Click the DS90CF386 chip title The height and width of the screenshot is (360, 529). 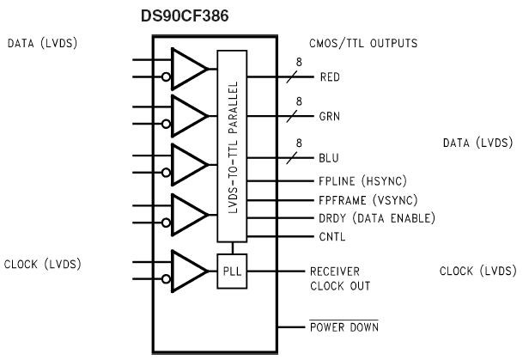tap(190, 15)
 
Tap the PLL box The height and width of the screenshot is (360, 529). tap(233, 271)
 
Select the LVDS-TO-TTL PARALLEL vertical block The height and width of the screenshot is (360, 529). tap(232, 146)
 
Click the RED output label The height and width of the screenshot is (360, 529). tap(330, 76)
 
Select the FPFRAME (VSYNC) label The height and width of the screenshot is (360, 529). tap(363, 199)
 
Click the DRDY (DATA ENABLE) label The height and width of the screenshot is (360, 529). tap(371, 218)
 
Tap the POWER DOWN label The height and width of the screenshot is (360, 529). tap(344, 327)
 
